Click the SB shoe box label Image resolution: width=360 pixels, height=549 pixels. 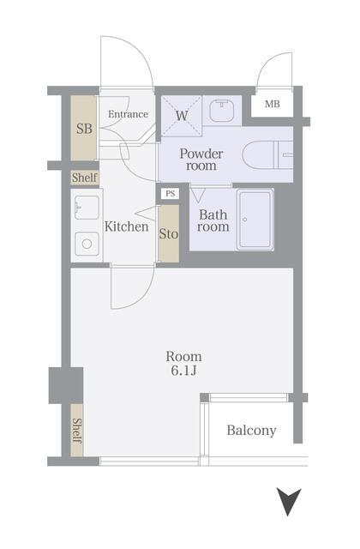pyautogui.click(x=84, y=130)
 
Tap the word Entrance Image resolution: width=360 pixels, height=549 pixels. pyautogui.click(x=128, y=114)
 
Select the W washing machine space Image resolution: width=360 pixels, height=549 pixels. pyautogui.click(x=182, y=115)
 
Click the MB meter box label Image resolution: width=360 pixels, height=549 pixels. pyautogui.click(x=272, y=105)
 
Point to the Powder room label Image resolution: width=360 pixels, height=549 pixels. pyautogui.click(x=201, y=160)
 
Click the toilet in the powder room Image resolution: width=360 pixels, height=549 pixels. pyautogui.click(x=266, y=155)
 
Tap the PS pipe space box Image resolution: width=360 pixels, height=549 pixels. pyautogui.click(x=170, y=194)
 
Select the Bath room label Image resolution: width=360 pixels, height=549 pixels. pyautogui.click(x=213, y=221)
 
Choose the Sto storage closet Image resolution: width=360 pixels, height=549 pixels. pyautogui.click(x=169, y=232)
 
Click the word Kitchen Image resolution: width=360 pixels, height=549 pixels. pyautogui.click(x=127, y=227)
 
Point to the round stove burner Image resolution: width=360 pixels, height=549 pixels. pyautogui.click(x=87, y=244)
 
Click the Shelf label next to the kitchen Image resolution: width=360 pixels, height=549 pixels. pyautogui.click(x=84, y=178)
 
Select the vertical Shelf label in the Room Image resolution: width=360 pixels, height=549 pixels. pyautogui.click(x=76, y=429)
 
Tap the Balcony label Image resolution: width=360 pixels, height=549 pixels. pyautogui.click(x=251, y=431)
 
